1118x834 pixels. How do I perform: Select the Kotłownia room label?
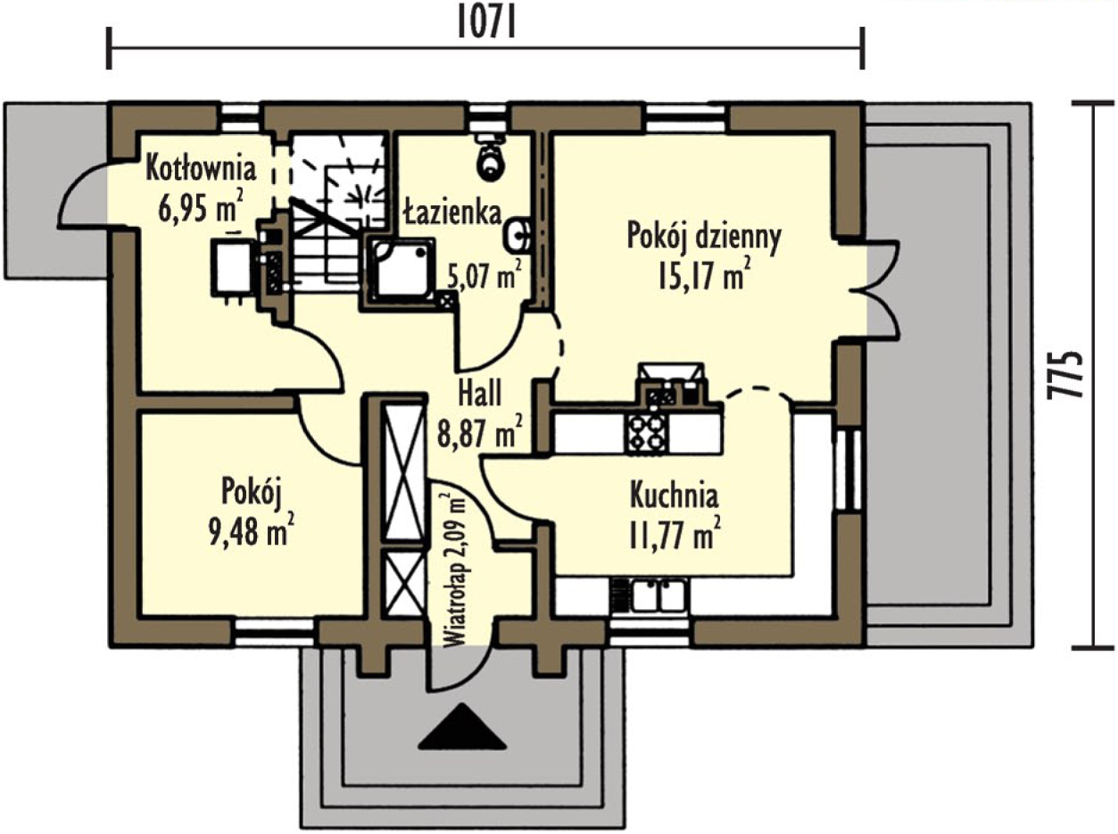pos(200,169)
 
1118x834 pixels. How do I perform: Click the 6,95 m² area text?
pos(201,206)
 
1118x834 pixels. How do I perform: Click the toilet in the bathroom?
pos(492,155)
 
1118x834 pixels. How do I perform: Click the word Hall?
pos(479,394)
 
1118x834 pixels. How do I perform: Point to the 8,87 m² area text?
pos(479,430)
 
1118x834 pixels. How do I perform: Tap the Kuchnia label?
pos(674,495)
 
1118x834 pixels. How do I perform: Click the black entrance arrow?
pos(462,727)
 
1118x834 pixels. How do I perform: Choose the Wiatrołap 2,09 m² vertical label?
pos(455,571)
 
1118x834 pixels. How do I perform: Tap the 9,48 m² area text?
pos(252,531)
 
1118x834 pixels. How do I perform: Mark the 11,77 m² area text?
pos(675,533)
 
